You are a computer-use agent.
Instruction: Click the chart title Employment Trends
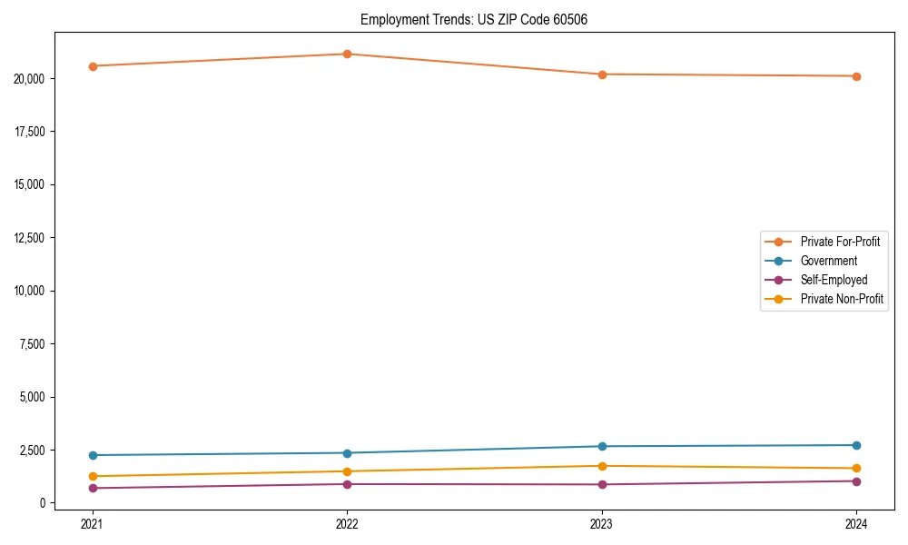[x=474, y=19]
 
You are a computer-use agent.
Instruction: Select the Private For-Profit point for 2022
[x=347, y=54]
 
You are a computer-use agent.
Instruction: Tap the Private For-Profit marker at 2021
[x=93, y=66]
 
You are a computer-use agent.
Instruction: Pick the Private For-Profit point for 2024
[x=856, y=76]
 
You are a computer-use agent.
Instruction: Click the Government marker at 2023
[x=602, y=446]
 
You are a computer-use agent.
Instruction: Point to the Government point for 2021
[x=93, y=455]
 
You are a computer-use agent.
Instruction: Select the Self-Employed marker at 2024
[x=856, y=481]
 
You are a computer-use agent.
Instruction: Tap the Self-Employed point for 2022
[x=347, y=484]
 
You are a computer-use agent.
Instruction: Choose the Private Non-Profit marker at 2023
[x=602, y=466]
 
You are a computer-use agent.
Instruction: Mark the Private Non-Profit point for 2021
[x=93, y=476]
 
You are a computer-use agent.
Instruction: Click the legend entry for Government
[x=828, y=261]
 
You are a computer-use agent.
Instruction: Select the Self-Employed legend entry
[x=834, y=280]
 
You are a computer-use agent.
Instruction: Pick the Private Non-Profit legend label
[x=842, y=299]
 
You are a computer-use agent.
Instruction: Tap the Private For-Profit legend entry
[x=840, y=242]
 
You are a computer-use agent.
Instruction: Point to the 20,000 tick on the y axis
[x=31, y=79]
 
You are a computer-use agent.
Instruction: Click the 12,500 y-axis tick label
[x=31, y=238]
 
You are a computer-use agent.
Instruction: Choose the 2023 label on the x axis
[x=602, y=523]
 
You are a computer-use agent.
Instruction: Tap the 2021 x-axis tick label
[x=93, y=523]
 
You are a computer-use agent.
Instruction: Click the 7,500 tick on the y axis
[x=34, y=344]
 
